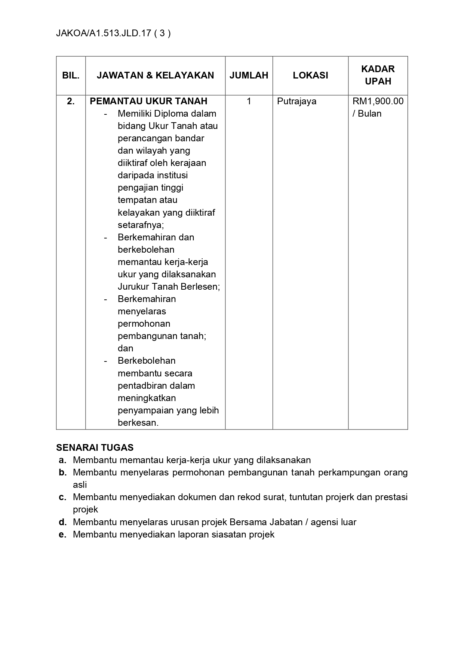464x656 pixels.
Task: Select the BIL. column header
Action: click(x=71, y=75)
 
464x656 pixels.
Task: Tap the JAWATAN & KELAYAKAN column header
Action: click(x=155, y=75)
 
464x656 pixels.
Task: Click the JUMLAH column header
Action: click(x=249, y=75)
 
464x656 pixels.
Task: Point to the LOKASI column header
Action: click(x=310, y=75)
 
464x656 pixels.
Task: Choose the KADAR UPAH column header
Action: click(x=378, y=75)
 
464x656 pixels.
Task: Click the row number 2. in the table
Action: click(x=71, y=101)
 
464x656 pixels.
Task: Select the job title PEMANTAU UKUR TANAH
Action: click(x=148, y=101)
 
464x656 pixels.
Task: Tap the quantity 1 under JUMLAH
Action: click(x=249, y=101)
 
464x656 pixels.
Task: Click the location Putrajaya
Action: click(x=296, y=101)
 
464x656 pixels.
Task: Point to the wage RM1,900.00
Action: click(x=378, y=101)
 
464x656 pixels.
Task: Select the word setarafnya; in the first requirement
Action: click(x=141, y=225)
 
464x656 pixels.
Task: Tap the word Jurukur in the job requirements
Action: click(x=133, y=287)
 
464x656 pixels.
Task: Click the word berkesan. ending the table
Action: click(x=138, y=423)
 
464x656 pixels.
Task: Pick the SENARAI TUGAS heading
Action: click(x=95, y=447)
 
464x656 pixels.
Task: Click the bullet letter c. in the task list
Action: click(x=62, y=497)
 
